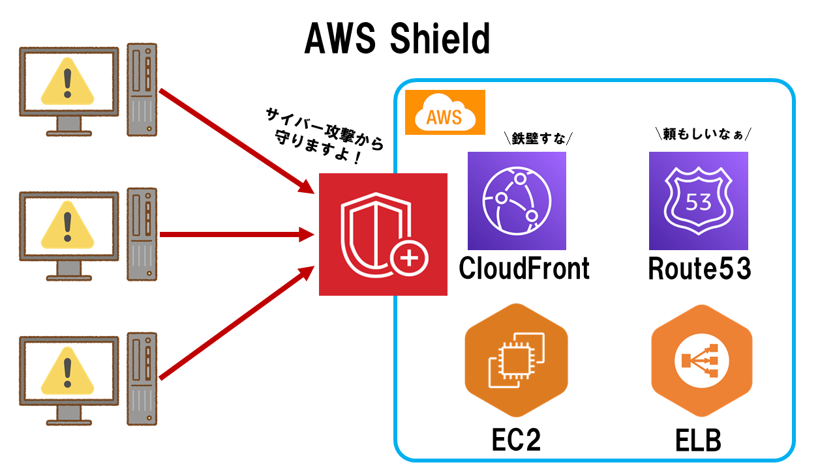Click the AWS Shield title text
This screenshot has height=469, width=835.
pos(397,40)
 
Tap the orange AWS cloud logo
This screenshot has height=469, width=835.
pos(445,112)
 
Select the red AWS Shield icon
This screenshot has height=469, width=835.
pos(383,234)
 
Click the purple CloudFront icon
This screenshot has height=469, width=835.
pos(517,201)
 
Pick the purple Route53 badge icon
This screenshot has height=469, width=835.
pos(698,201)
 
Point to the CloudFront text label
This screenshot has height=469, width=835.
pos(524,268)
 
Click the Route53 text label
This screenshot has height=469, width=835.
pos(699,269)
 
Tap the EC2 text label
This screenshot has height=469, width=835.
pos(515,441)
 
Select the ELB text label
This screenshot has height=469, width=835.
pos(698,441)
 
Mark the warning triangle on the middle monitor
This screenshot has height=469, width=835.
pos(67,227)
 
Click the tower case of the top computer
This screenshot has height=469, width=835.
pos(142,89)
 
